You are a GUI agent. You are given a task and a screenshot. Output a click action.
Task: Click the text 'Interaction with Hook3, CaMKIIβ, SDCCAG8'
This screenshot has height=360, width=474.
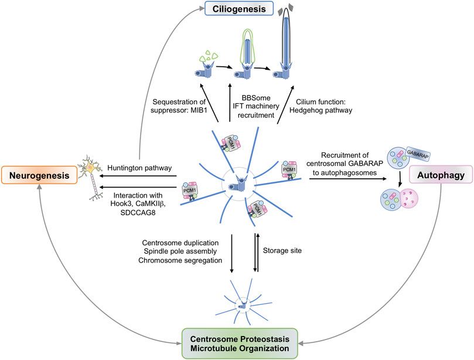(x=145, y=193)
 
